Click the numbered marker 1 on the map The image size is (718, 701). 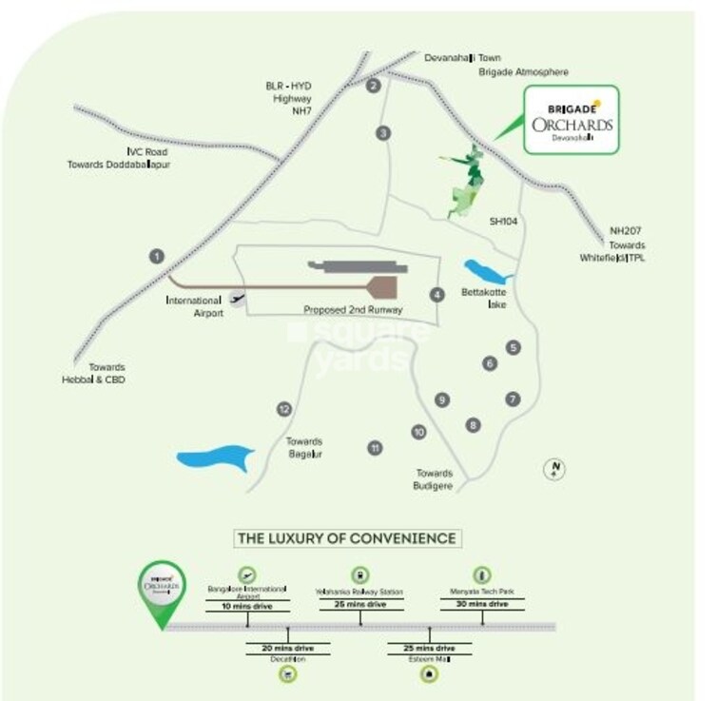point(157,256)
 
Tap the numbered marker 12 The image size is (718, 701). point(283,409)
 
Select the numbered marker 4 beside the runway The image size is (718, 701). point(437,295)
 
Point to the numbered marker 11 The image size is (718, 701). point(376,447)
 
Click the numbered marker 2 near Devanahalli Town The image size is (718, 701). point(374,87)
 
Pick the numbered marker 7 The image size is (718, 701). point(513,399)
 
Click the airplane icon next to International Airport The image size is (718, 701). point(238,297)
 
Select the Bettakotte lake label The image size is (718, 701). point(479,298)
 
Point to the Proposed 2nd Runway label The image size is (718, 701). point(353,310)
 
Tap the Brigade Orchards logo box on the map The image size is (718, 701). point(571,119)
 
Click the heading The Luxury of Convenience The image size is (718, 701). point(346,539)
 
